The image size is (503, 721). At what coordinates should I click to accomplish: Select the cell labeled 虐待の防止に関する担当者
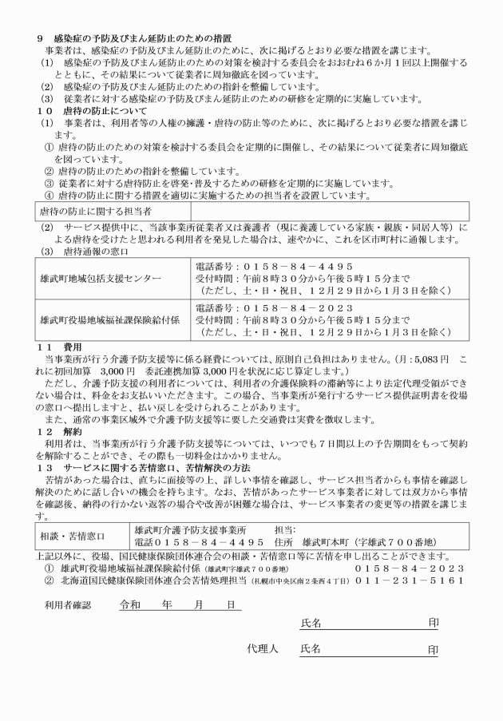pyautogui.click(x=95, y=212)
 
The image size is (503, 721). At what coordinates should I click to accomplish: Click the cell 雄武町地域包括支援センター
pyautogui.click(x=100, y=277)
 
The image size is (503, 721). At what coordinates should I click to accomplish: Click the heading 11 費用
pyautogui.click(x=61, y=347)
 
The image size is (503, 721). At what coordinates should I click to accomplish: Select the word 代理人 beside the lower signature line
pyautogui.click(x=262, y=649)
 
